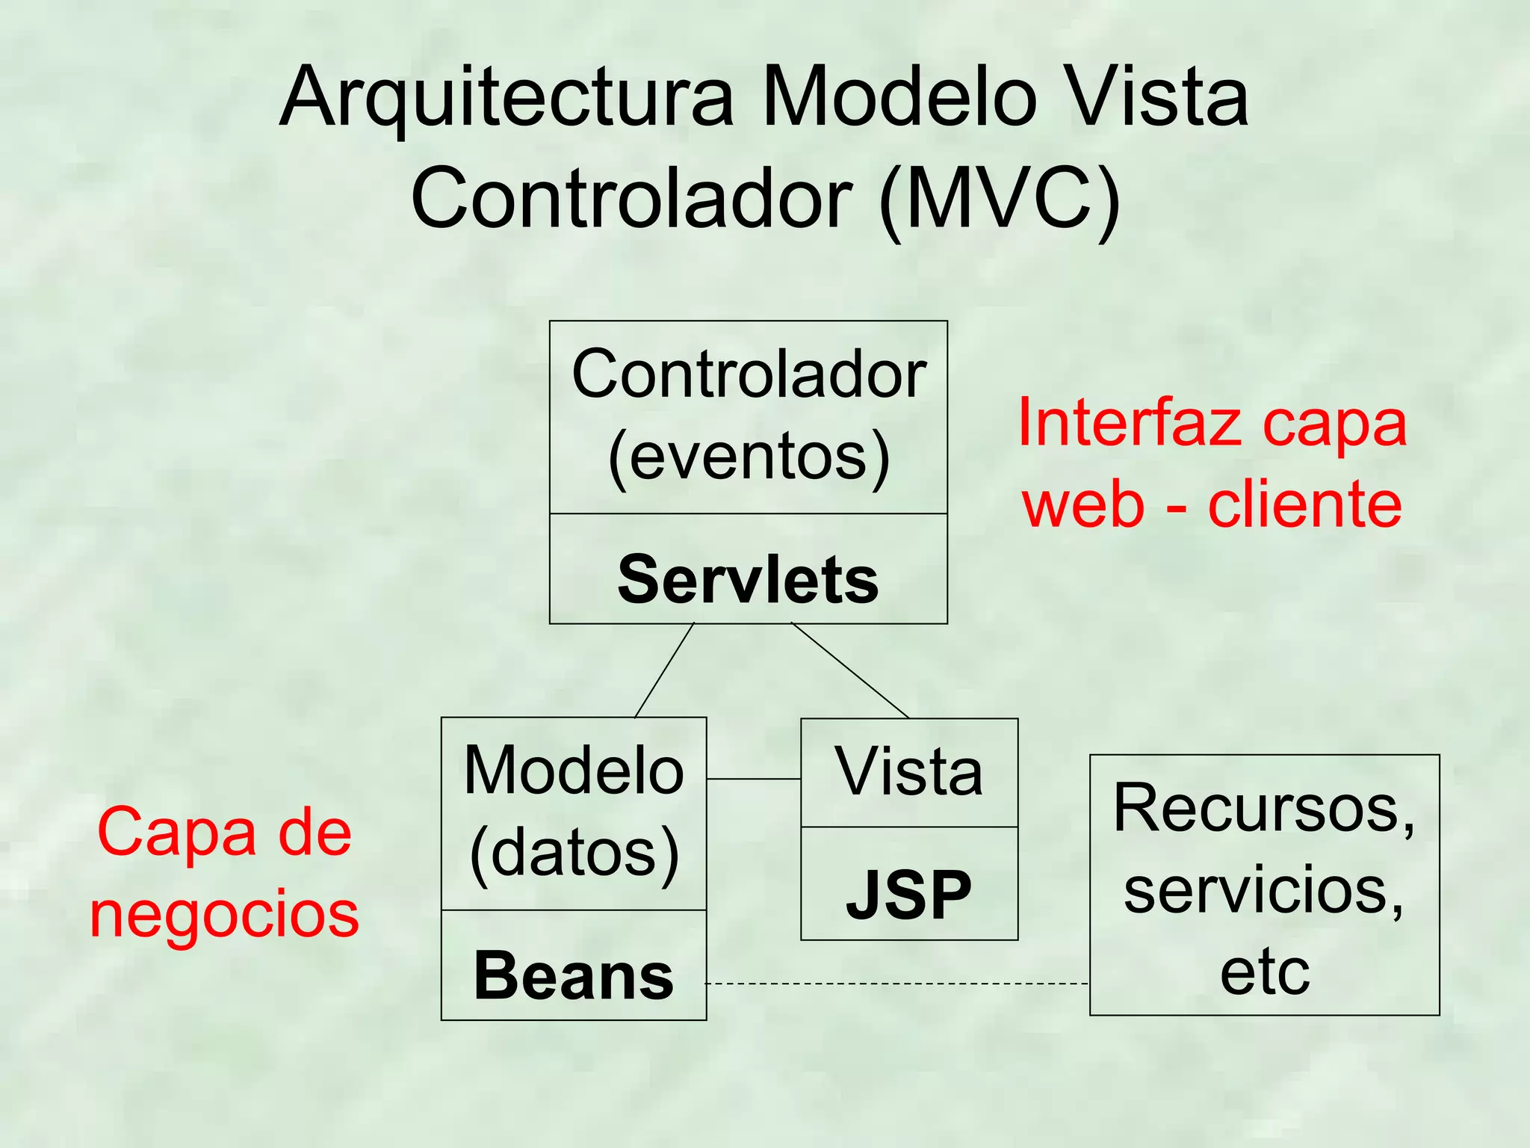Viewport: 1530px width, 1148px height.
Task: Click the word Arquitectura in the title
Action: (x=507, y=97)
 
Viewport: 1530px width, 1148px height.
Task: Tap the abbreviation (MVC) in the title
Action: (x=1000, y=199)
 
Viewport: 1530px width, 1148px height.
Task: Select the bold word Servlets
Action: (x=748, y=580)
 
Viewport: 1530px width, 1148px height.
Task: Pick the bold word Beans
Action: (x=574, y=975)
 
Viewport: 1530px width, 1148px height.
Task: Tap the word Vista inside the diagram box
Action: (x=908, y=771)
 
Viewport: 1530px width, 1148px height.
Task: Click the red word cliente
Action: (x=1304, y=505)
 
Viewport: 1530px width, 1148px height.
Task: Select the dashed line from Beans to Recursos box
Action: (x=896, y=984)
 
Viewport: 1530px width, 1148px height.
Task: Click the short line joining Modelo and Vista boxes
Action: (x=753, y=779)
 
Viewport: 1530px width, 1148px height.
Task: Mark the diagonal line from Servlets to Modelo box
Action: (x=664, y=670)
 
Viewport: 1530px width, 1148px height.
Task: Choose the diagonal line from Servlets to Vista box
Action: (x=850, y=670)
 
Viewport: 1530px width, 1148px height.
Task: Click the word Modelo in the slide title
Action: (x=899, y=97)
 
